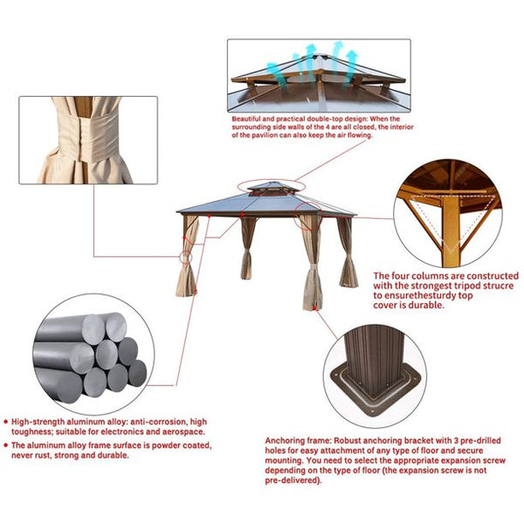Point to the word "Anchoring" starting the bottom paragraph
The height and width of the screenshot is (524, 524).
283,441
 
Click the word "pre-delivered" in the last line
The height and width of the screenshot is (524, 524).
292,480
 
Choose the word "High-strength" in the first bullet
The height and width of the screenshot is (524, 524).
38,422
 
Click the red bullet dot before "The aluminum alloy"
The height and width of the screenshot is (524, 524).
5,445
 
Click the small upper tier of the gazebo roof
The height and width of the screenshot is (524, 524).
272,188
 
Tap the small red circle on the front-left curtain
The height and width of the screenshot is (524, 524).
186,258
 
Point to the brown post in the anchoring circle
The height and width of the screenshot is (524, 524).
374,358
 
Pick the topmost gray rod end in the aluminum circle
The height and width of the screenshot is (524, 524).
116,327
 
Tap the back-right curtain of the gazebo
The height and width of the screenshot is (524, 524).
348,252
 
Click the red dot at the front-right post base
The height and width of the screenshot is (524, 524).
314,307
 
